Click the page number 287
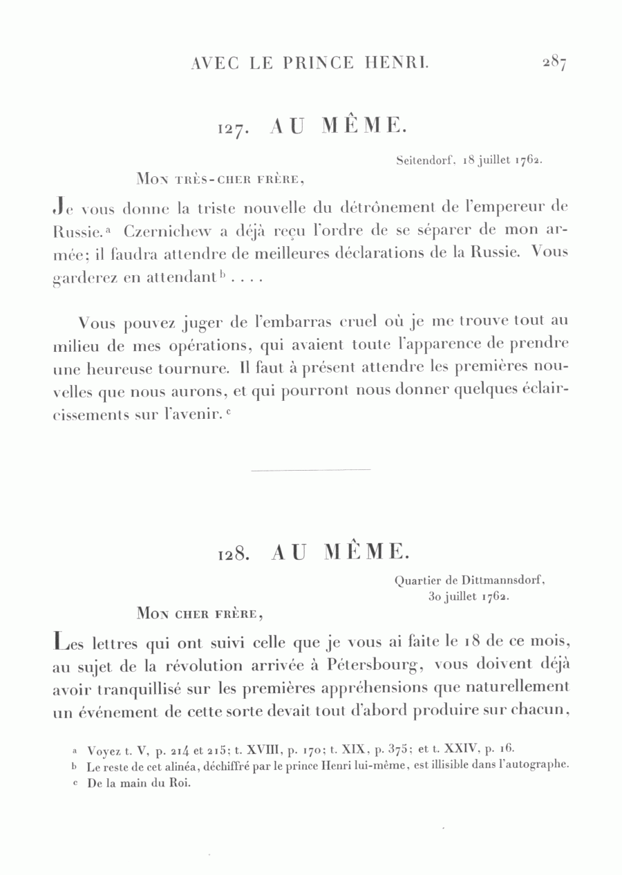(x=554, y=64)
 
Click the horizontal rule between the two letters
(x=310, y=470)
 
